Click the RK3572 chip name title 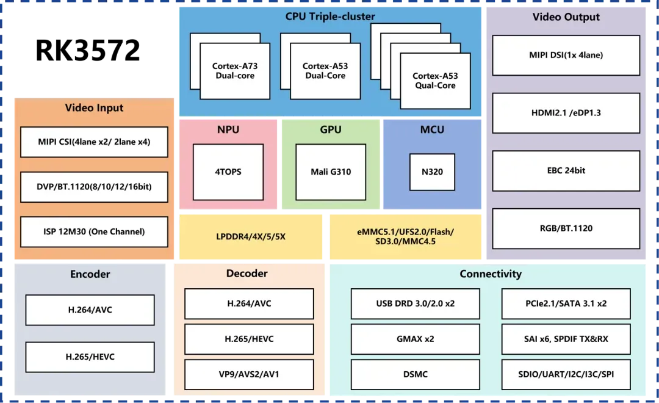pos(87,51)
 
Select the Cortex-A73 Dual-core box pos(235,71)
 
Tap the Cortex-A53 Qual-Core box pos(435,81)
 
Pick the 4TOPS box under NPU pos(228,172)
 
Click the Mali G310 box pos(331,172)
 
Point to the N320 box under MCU pos(432,172)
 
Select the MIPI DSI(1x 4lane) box pos(566,55)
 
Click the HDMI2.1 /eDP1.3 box pos(566,113)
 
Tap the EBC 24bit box pos(566,171)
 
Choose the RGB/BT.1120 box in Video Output pos(566,228)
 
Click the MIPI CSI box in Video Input pos(94,142)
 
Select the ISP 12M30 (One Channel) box pos(94,232)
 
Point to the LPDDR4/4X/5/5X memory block pos(251,237)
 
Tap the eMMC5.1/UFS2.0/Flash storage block pos(406,237)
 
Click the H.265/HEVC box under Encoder pos(90,357)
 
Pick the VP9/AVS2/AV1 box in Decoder pos(249,374)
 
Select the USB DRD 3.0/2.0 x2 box pos(416,303)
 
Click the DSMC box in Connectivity pos(416,374)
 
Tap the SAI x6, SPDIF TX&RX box pos(566,339)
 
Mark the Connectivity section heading pos(491,274)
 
